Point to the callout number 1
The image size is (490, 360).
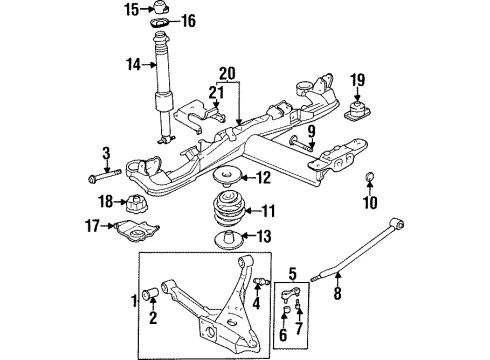pos(133,298)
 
